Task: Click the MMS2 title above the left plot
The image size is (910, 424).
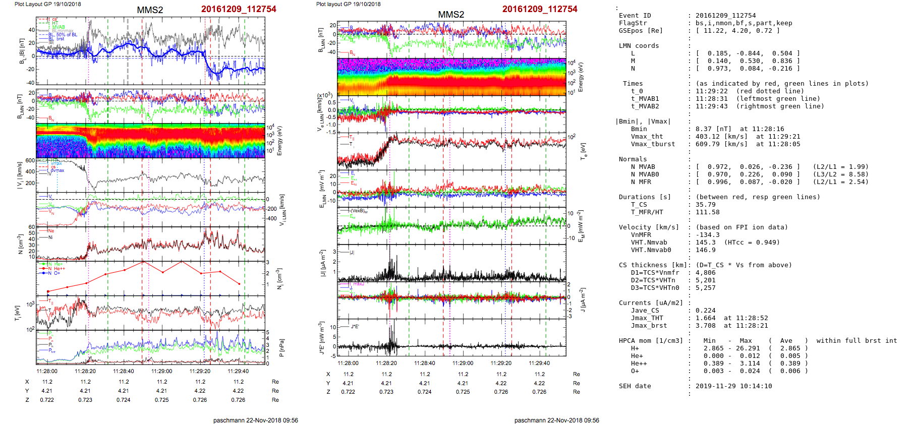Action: (150, 10)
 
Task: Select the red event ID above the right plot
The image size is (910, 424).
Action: (540, 9)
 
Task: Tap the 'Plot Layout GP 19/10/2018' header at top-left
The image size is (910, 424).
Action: (48, 4)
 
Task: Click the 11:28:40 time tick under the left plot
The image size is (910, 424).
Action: (124, 371)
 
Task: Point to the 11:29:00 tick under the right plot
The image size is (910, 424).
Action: (463, 363)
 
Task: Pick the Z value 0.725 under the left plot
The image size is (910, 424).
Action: (161, 400)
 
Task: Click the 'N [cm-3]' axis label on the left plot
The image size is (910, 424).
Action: (21, 244)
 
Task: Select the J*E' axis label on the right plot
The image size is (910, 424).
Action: (321, 338)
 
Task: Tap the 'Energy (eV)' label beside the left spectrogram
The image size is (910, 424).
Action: (279, 141)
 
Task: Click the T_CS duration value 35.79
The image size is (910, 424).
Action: (705, 205)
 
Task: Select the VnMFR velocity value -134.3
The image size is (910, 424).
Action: (707, 235)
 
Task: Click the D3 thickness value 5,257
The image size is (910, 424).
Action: (705, 288)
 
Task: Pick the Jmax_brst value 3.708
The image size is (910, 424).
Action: (705, 326)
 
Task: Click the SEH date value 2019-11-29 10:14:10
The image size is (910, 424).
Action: (733, 386)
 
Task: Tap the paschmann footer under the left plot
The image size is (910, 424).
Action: (255, 420)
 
